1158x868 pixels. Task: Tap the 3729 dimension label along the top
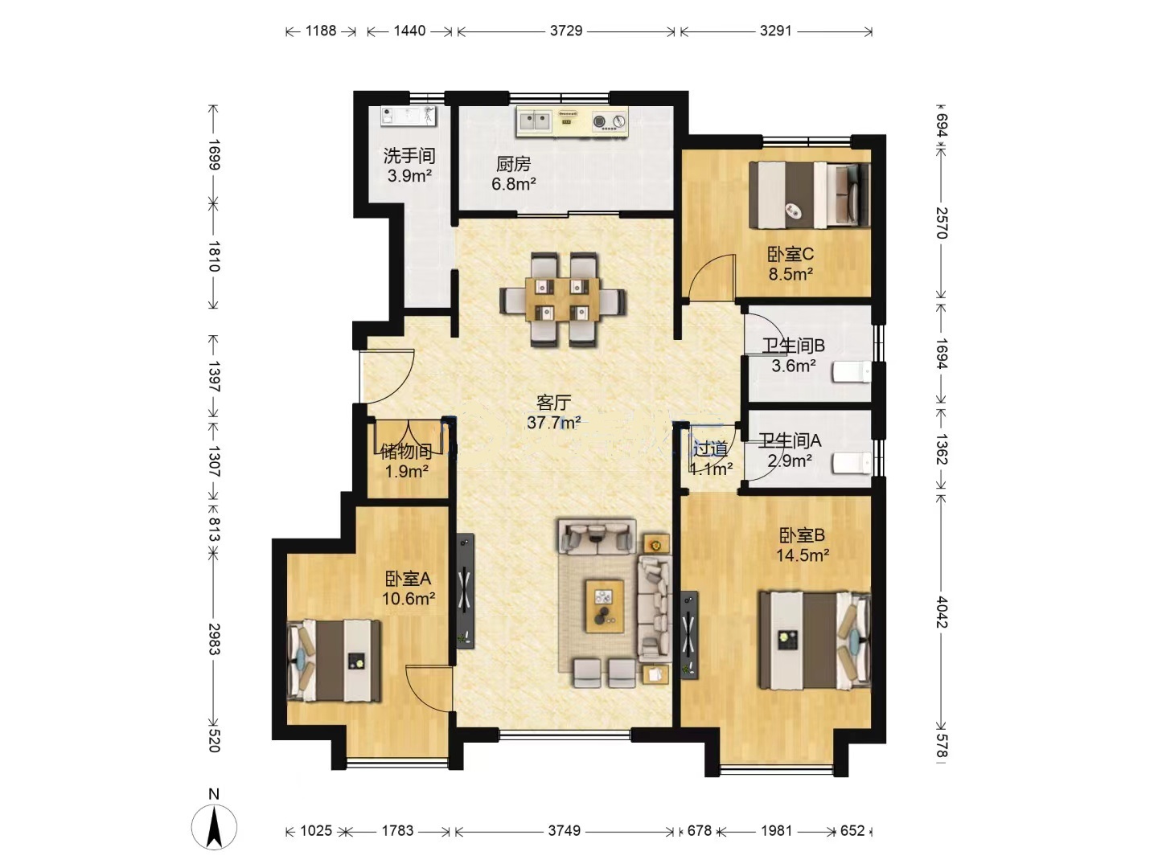[x=566, y=31]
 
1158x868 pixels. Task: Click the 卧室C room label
[x=790, y=255]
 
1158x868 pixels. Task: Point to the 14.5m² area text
[x=803, y=555]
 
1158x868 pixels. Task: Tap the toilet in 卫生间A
[x=851, y=463]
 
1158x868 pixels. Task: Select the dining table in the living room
[x=562, y=300]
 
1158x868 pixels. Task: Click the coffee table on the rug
[x=605, y=606]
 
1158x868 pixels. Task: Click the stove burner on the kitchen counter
[x=610, y=121]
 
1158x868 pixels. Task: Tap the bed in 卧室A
[x=334, y=661]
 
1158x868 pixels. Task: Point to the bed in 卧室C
[x=809, y=195]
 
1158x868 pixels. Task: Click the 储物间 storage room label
[x=406, y=451]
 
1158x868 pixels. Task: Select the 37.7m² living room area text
[x=554, y=422]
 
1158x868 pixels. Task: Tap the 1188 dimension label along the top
[x=321, y=31]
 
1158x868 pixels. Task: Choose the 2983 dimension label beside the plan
[x=214, y=639]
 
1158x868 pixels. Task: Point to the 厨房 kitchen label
[x=513, y=165]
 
